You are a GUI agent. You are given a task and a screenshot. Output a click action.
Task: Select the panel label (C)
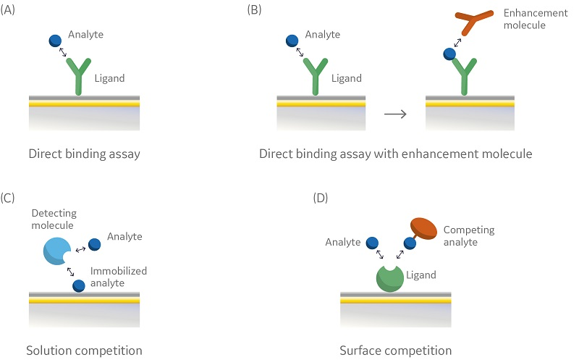(11, 197)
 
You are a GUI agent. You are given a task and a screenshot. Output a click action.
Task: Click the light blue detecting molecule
(56, 250)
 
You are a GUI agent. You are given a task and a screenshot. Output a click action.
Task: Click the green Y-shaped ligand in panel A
(80, 76)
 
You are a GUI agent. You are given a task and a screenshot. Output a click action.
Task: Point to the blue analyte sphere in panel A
(55, 41)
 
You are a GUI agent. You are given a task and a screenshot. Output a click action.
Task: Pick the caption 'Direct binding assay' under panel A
(84, 154)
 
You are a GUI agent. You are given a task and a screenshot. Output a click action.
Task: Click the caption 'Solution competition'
(84, 351)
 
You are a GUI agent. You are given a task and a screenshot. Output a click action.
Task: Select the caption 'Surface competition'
(396, 351)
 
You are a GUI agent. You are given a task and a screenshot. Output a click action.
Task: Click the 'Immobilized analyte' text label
(119, 277)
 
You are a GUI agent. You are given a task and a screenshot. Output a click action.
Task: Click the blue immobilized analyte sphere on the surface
(78, 285)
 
